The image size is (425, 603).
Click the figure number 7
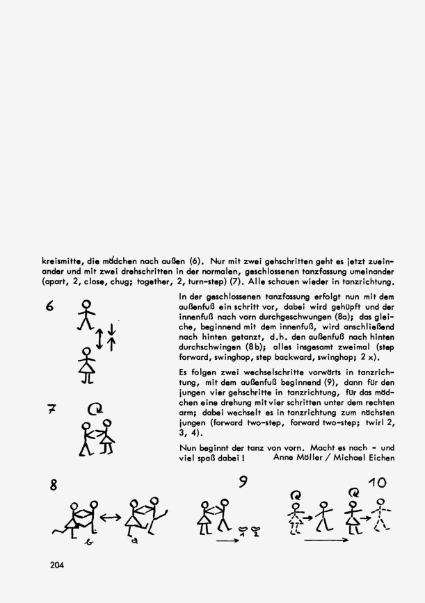point(50,411)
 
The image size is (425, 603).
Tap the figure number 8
point(52,486)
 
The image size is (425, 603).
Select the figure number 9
point(243,481)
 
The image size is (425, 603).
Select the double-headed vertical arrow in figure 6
point(100,339)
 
